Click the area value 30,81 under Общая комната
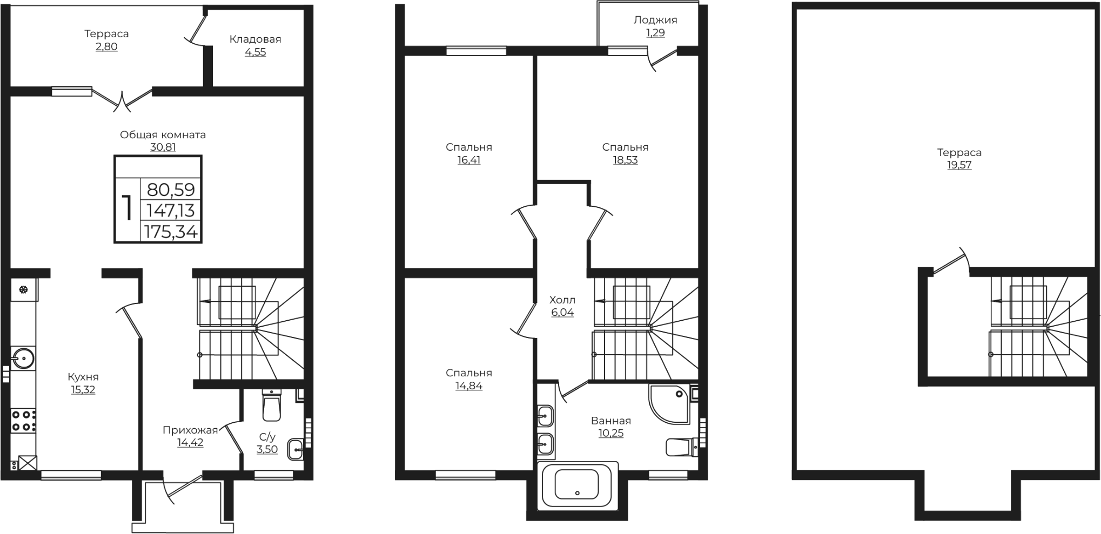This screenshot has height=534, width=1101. point(163,147)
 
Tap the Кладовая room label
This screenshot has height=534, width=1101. point(255,39)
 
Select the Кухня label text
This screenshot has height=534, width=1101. point(83,377)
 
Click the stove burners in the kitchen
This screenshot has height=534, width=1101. point(23,421)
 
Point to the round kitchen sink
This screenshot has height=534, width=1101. point(23,357)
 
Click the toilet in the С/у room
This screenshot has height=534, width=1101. point(271,405)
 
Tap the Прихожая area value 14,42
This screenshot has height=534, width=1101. point(190,443)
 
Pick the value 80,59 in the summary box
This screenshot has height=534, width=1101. point(171,190)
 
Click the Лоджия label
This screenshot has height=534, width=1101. point(655,20)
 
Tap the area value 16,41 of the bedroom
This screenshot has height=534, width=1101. point(468,160)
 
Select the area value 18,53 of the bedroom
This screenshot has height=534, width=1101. point(625,160)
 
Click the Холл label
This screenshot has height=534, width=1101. point(562,300)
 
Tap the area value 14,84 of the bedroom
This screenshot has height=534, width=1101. point(469,386)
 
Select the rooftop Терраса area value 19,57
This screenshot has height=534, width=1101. point(959,165)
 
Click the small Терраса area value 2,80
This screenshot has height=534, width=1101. point(106,46)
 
